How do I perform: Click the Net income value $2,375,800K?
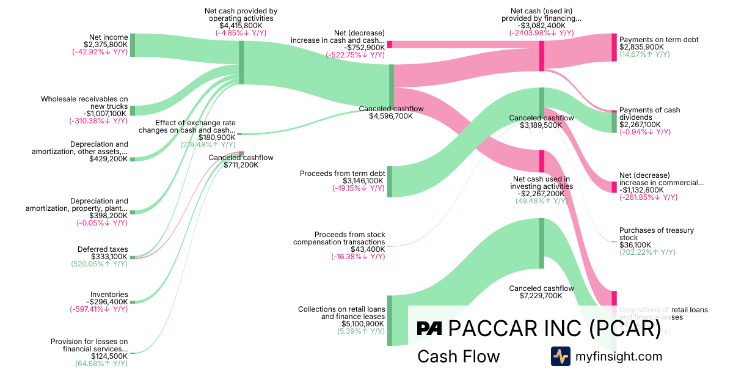(106, 45)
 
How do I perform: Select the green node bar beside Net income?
(133, 45)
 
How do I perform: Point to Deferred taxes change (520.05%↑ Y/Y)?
(99, 264)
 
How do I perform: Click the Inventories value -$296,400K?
(107, 302)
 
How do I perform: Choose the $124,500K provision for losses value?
(109, 356)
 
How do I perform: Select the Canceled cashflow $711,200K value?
(241, 165)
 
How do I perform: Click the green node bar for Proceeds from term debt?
(390, 181)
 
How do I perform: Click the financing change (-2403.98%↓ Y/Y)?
(541, 33)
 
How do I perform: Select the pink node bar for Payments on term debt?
(614, 47)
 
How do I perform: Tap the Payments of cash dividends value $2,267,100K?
(640, 125)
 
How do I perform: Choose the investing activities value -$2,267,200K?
(541, 194)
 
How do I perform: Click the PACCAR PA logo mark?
(429, 328)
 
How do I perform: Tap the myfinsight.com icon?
(560, 356)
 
